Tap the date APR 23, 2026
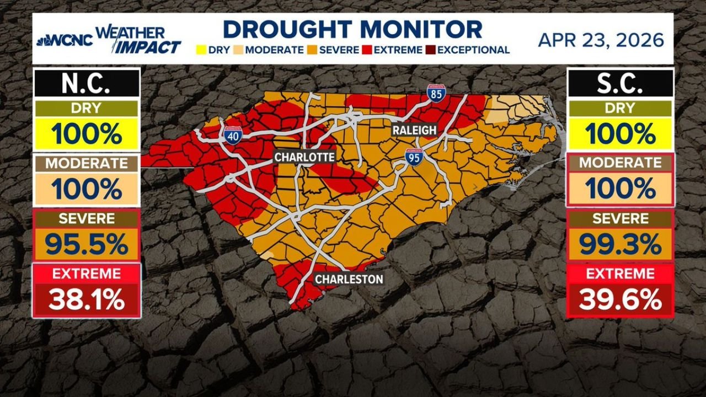(601, 40)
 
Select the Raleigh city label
(414, 130)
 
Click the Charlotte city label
(304, 157)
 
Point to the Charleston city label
(349, 280)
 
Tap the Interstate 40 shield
(232, 135)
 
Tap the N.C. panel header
(87, 84)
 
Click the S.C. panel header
(621, 84)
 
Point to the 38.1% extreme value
(87, 300)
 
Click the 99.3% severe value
(621, 245)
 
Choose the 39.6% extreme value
(621, 300)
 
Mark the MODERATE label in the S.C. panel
(621, 163)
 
